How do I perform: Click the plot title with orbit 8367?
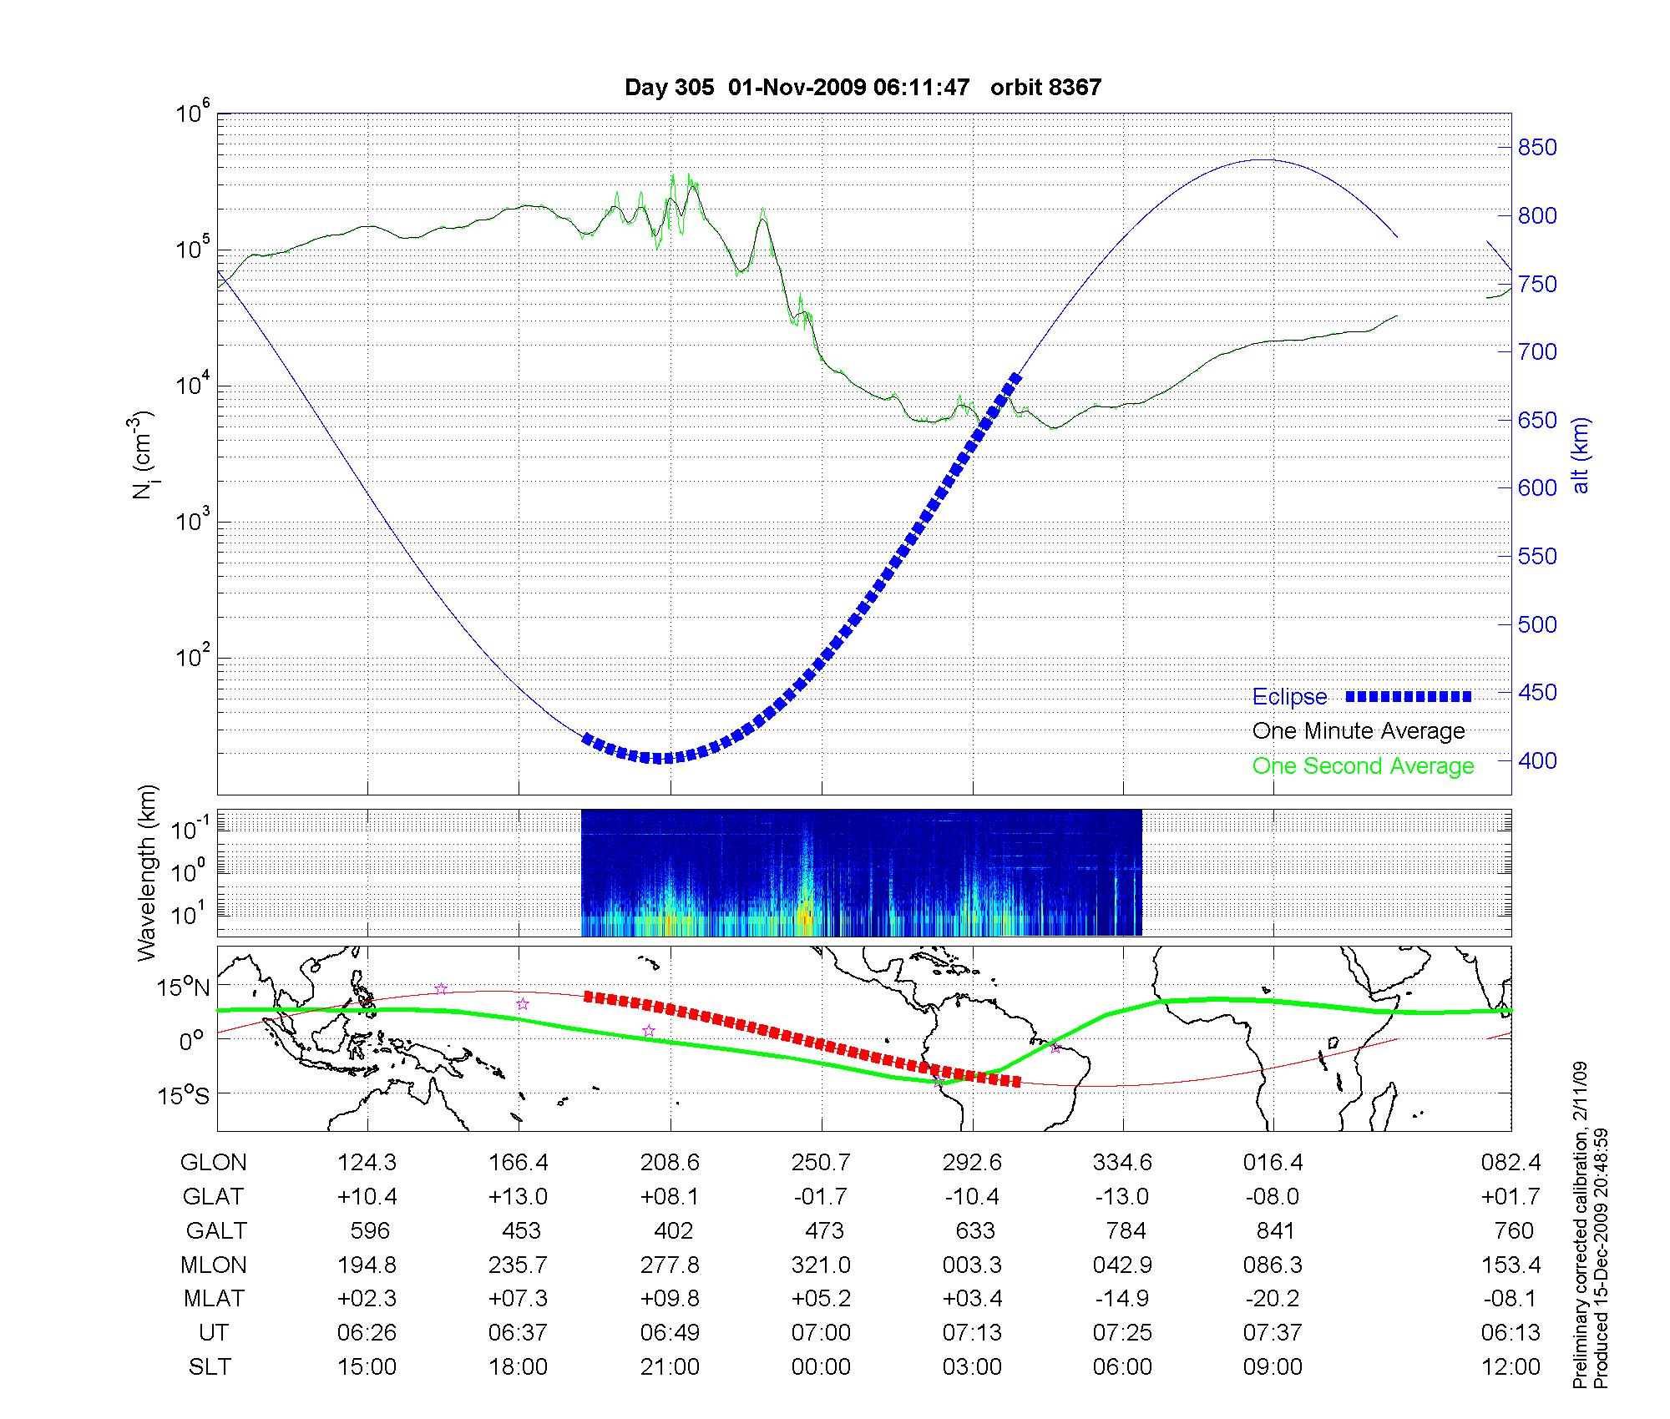863,87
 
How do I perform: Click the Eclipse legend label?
1289,697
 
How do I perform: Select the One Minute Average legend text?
1359,731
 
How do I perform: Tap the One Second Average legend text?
1363,766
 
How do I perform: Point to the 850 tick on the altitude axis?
1537,148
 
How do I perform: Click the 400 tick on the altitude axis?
1537,760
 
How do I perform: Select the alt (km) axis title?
1581,455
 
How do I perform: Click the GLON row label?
214,1163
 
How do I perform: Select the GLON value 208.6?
670,1163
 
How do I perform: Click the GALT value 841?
1275,1231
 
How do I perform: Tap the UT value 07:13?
972,1333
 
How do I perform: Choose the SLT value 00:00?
821,1367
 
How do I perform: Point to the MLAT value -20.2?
1273,1299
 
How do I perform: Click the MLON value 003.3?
972,1265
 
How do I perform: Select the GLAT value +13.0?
519,1197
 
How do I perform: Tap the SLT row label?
210,1367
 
